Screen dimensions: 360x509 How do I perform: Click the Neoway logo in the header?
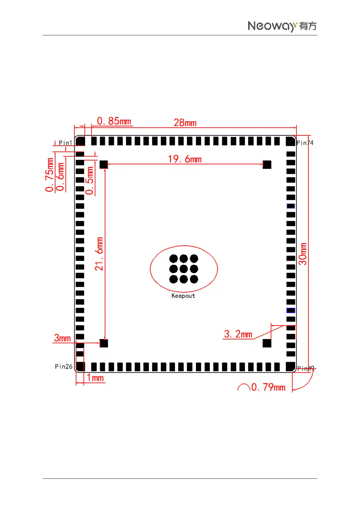pyautogui.click(x=282, y=26)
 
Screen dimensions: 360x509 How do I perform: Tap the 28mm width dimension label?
pyautogui.click(x=185, y=123)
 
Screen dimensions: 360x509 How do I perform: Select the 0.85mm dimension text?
pyautogui.click(x=114, y=121)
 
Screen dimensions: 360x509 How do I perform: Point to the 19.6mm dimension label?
pyautogui.click(x=185, y=159)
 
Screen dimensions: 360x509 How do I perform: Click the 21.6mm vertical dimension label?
pyautogui.click(x=99, y=254)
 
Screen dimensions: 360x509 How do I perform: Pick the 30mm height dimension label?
pyautogui.click(x=303, y=254)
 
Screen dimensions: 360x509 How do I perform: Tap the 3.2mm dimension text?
pyautogui.click(x=238, y=334)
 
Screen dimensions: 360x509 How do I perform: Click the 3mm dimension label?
pyautogui.click(x=62, y=338)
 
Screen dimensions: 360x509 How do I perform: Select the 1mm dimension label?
pyautogui.click(x=95, y=378)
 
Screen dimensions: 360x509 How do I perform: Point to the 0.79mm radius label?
pyautogui.click(x=268, y=387)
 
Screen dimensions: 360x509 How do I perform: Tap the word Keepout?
pyautogui.click(x=183, y=296)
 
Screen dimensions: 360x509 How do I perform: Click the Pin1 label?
pyautogui.click(x=65, y=143)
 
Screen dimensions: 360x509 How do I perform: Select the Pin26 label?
pyautogui.click(x=63, y=367)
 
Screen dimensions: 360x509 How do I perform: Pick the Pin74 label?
pyautogui.click(x=305, y=143)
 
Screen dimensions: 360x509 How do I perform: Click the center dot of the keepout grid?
pyautogui.click(x=184, y=269)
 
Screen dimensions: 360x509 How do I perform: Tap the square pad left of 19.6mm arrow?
pyautogui.click(x=104, y=164)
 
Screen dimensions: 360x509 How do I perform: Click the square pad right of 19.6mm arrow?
pyautogui.click(x=267, y=164)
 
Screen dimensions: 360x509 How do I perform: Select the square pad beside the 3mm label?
pyautogui.click(x=104, y=343)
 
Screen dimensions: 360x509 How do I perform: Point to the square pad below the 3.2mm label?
pyautogui.click(x=267, y=343)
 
